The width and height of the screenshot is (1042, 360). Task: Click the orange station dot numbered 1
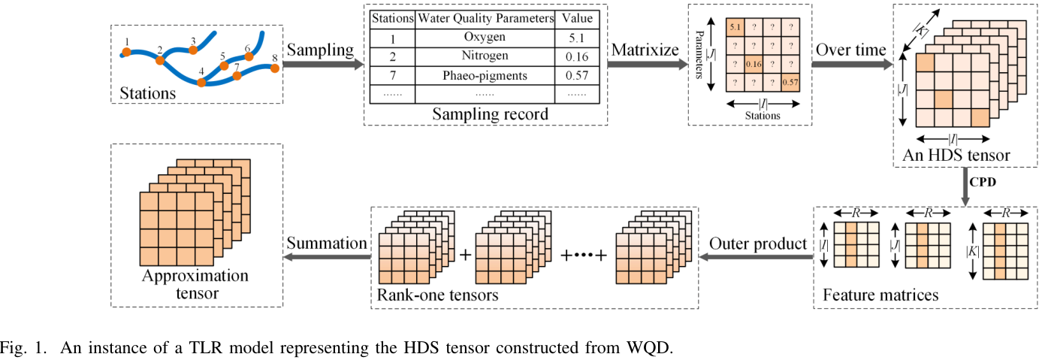127,53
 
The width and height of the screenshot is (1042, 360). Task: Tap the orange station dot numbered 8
275,68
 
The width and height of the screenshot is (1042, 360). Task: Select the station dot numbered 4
201,82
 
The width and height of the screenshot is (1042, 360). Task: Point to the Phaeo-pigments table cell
485,75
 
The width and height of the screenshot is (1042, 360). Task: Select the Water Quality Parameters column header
485,17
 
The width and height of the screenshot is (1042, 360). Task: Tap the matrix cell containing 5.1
734,29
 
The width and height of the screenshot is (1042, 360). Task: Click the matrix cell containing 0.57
790,82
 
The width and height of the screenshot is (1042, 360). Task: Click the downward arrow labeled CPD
966,186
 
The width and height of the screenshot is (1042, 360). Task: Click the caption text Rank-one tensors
438,295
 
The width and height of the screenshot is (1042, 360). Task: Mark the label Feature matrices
880,295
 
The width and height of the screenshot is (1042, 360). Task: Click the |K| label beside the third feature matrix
974,249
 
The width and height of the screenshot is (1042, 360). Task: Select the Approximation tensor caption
195,284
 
